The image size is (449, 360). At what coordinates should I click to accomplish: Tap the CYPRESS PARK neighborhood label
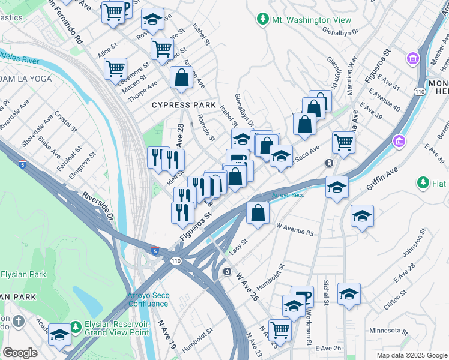click(x=179, y=105)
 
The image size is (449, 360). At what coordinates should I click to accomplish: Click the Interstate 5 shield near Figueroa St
click(x=155, y=251)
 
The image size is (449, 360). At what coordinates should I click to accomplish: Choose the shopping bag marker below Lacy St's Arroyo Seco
click(x=258, y=214)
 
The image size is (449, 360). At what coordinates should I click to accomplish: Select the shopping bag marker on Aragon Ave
click(x=181, y=78)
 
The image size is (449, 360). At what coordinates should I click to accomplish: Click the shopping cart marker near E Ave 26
click(x=279, y=328)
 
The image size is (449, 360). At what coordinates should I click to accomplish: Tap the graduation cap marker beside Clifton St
click(x=349, y=294)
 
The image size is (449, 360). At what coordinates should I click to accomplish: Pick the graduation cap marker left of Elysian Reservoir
click(x=59, y=334)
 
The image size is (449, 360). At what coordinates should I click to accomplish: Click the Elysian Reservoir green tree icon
click(x=76, y=327)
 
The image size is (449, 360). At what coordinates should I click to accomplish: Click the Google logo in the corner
click(x=20, y=353)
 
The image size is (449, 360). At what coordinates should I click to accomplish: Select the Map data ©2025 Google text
click(x=411, y=355)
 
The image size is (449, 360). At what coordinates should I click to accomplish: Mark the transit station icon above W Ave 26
click(x=227, y=272)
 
